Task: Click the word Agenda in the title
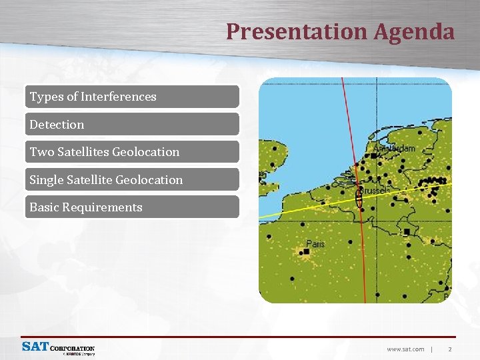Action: tap(414, 31)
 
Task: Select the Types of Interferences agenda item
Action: tap(133, 97)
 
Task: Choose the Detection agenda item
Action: tap(133, 124)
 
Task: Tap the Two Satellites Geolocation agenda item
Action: tap(133, 152)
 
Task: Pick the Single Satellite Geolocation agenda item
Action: tap(133, 179)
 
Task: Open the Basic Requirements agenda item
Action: tap(133, 207)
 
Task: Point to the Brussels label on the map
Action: tap(377, 191)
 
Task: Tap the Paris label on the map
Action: tap(315, 244)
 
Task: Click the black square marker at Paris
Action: tap(305, 252)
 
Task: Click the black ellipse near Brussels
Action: tap(359, 195)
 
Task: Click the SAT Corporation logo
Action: tap(58, 348)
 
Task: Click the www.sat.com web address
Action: tap(405, 349)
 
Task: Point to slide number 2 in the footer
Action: tap(450, 349)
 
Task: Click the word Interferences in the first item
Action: tap(118, 97)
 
